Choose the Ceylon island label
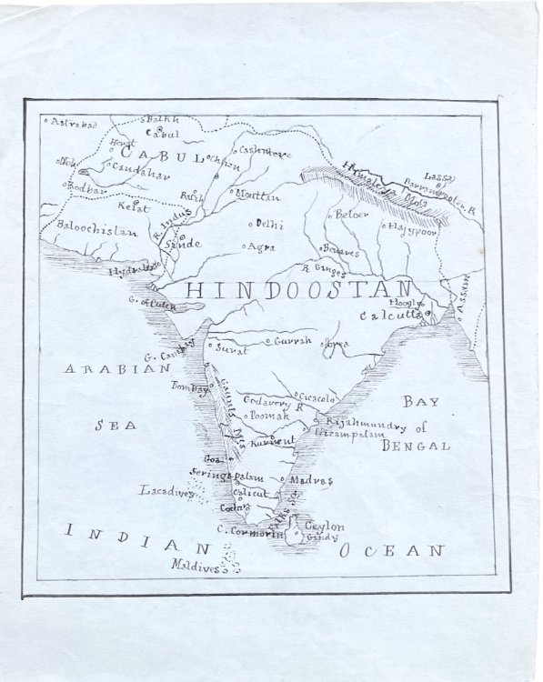324,527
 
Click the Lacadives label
166,491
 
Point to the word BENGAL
416,446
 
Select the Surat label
232,346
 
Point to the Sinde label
182,245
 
